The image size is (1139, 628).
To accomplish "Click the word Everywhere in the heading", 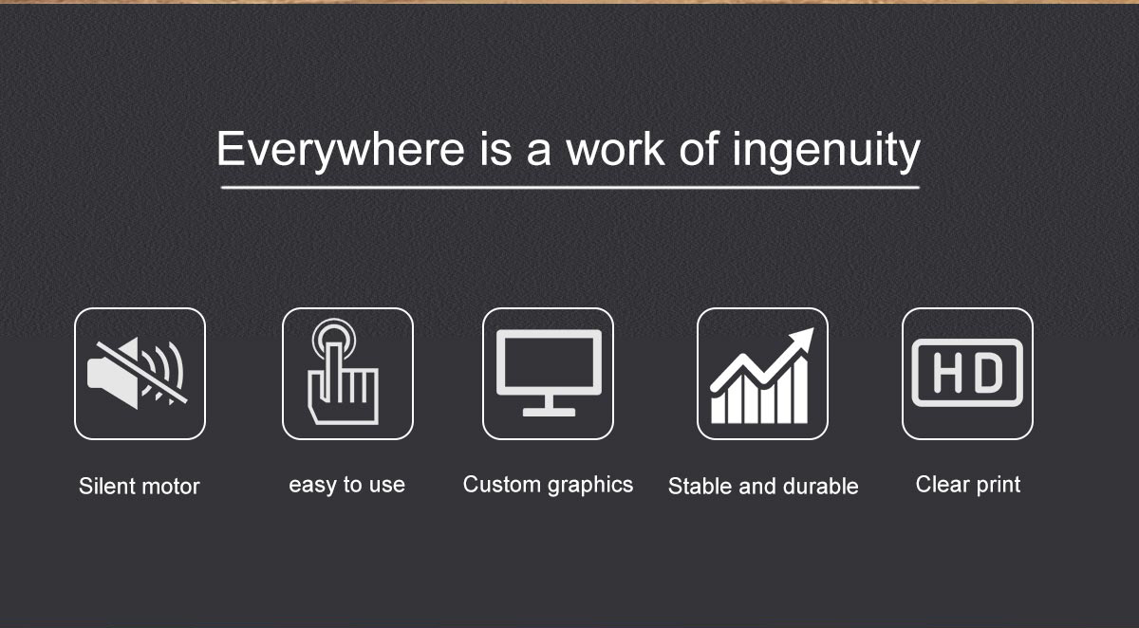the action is pos(341,150).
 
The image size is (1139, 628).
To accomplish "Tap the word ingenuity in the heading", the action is pos(827,150).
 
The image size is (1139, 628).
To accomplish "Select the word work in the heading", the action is pos(616,149).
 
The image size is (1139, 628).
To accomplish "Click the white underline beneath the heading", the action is pos(570,188).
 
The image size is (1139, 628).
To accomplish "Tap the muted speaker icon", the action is pos(138,374).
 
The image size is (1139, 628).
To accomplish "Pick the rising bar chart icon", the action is pos(761,376).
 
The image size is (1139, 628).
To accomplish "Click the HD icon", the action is pos(967,373).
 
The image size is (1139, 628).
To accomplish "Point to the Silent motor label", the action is pos(139,487).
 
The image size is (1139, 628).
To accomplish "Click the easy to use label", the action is pos(346,485).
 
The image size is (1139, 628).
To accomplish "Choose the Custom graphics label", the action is pos(549,485).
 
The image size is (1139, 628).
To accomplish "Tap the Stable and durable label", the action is pos(763,487).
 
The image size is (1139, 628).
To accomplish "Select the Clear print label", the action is pos(968,485).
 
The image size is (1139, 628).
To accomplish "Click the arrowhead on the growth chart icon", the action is pos(802,339).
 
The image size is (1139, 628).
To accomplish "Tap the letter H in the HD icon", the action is pos(947,373).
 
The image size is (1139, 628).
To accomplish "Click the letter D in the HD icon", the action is pos(988,373).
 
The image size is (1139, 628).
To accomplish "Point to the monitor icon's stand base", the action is pos(550,412).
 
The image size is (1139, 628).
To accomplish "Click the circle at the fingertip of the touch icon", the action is pos(333,337).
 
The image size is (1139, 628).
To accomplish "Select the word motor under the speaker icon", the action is pos(170,488).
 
